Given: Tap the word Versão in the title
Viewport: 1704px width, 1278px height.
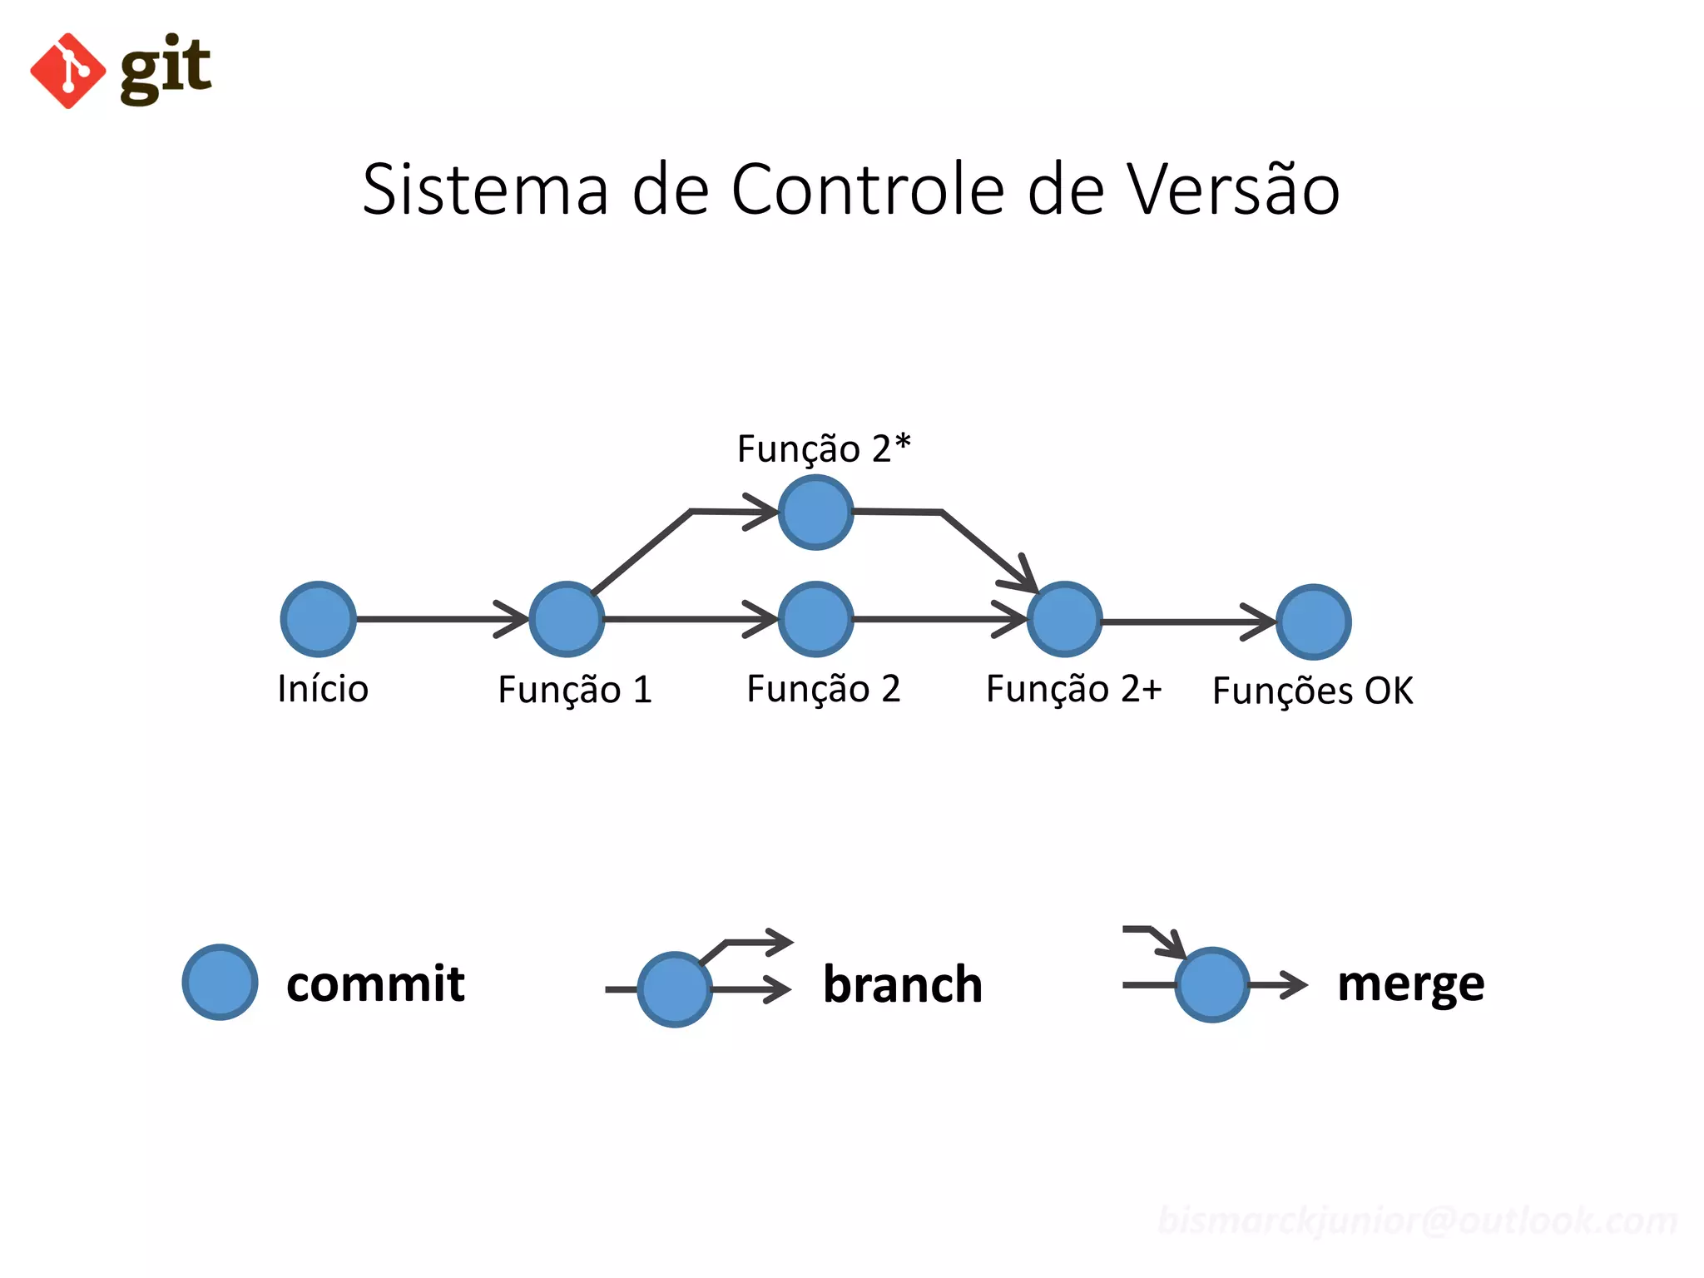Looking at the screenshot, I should coord(1233,190).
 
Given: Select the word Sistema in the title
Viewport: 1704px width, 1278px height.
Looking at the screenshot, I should coord(485,190).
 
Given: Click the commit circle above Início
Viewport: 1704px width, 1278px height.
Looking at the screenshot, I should coord(319,619).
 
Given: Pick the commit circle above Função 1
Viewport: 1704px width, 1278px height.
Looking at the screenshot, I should coord(567,619).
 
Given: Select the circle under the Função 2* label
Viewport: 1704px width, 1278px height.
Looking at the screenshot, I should coord(815,513).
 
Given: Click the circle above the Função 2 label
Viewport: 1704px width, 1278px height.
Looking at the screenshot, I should coord(815,619).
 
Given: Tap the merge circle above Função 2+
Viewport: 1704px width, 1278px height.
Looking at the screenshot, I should coord(1064,619).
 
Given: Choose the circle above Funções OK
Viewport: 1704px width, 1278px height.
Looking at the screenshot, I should coord(1313,622).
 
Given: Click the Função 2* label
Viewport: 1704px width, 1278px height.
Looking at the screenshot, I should coord(824,448).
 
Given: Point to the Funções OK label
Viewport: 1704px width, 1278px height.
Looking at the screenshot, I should coord(1312,691).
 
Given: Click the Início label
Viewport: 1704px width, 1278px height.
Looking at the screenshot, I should coord(323,689).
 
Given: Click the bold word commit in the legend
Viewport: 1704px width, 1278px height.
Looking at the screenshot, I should coord(375,983).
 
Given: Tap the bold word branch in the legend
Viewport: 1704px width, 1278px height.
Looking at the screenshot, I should coord(903,984).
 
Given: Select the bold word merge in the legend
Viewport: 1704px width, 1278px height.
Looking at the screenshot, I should coord(1410,984).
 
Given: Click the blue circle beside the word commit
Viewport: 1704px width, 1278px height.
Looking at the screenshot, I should coord(220,982).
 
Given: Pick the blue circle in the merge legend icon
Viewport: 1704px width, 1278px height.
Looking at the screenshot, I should coord(1211,984).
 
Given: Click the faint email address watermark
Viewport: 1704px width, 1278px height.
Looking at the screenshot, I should coord(1417,1221).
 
